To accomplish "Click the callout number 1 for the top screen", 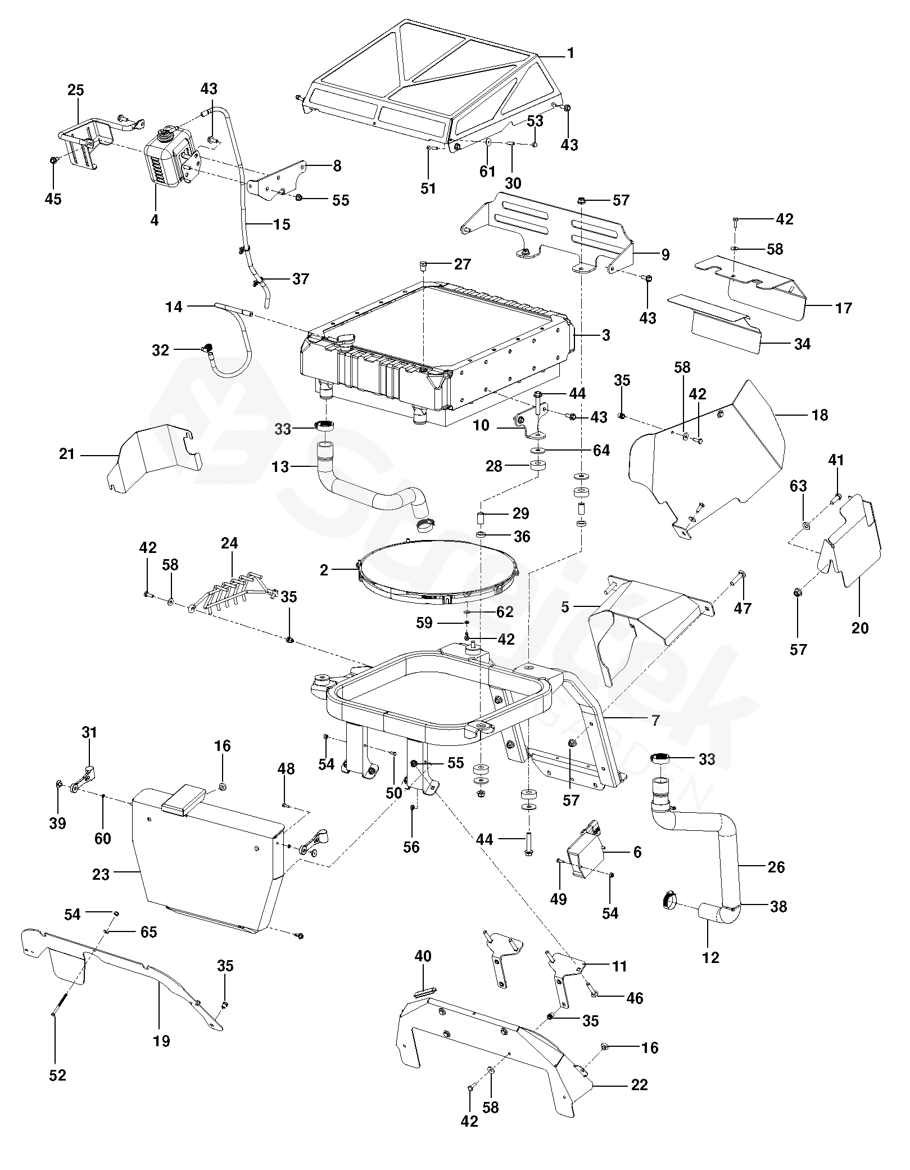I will (571, 53).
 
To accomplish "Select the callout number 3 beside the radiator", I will (605, 335).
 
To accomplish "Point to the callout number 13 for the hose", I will (280, 466).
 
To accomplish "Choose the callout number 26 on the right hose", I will (776, 867).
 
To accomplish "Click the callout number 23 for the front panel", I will (101, 874).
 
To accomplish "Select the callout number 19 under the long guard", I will (161, 1041).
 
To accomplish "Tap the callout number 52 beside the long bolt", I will (57, 1075).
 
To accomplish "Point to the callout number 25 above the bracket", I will (76, 89).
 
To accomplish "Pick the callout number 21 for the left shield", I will (67, 453).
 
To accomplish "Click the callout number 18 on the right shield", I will (820, 415).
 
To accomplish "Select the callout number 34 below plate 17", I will (802, 344).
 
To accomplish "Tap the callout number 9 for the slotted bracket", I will (665, 255).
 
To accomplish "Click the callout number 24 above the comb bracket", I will (229, 543).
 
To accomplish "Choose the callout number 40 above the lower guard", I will (423, 956).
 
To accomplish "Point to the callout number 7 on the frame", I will (655, 720).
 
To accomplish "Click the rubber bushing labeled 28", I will (538, 466).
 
